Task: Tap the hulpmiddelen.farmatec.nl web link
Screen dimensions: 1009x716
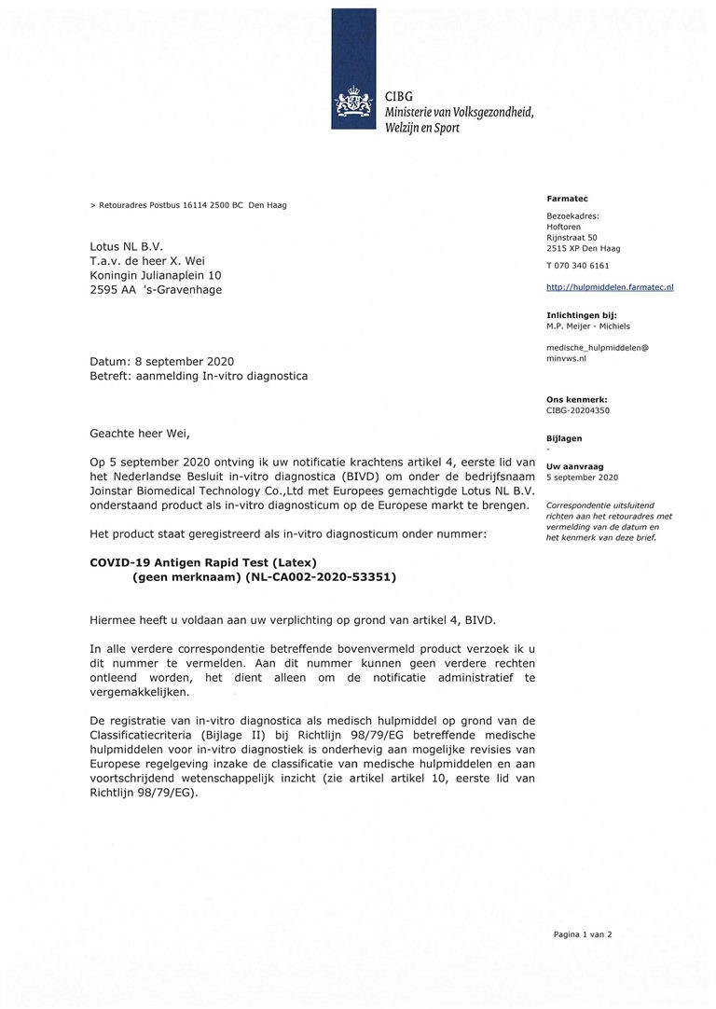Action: click(610, 287)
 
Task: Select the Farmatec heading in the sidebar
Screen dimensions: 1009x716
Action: click(562, 199)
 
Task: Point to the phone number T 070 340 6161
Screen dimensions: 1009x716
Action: click(577, 266)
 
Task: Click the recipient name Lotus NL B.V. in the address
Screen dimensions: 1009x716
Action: click(127, 246)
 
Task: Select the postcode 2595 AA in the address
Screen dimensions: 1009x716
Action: click(110, 289)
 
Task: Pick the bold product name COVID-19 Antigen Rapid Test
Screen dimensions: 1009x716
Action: click(203, 562)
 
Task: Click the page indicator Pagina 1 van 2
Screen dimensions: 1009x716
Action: click(583, 933)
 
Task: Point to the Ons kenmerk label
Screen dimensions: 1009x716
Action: click(576, 399)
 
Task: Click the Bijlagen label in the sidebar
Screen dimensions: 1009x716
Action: click(564, 437)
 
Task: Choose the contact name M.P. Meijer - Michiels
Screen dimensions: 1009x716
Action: click(588, 326)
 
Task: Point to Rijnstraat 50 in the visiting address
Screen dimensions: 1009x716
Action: click(571, 238)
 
